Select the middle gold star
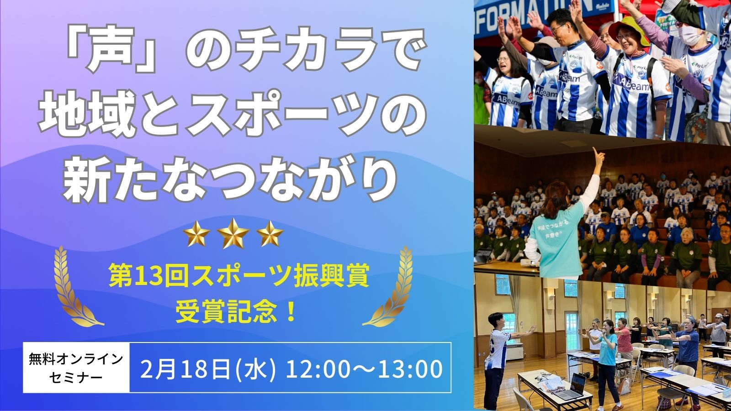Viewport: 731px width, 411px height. point(233,233)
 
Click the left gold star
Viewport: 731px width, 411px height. point(196,233)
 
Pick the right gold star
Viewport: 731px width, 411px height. point(270,233)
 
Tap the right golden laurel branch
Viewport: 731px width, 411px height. point(392,287)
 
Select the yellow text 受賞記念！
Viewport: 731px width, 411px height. point(236,311)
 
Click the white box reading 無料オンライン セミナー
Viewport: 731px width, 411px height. point(76,368)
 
